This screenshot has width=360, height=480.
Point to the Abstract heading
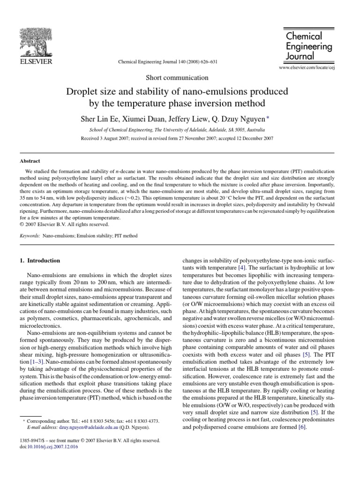click(29, 160)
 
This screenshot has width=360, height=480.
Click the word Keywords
click(30, 236)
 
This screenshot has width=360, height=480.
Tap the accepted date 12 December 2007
click(253, 138)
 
